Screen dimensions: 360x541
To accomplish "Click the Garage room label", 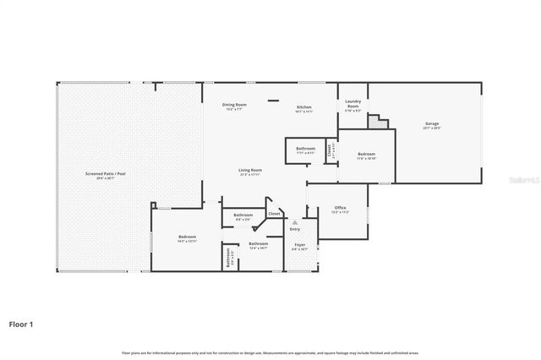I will coord(431,123).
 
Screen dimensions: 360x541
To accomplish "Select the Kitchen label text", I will coord(304,107).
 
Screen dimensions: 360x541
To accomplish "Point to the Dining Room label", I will coord(234,105).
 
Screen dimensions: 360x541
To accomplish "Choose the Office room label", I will coord(340,207).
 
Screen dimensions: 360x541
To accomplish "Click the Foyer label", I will coord(299,245).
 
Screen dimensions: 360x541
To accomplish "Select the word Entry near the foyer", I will coord(295,229).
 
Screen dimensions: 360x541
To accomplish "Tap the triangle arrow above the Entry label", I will coord(295,222).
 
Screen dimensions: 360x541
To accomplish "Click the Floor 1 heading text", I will coord(22,323).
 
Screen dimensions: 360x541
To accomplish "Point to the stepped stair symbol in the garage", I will coord(382,123).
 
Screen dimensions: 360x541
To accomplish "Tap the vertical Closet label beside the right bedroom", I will coord(329,152).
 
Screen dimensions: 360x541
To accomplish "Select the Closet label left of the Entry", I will coord(274,214).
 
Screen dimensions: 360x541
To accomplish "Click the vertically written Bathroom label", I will coord(227,258).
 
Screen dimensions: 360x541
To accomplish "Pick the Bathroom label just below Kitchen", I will coord(305,149).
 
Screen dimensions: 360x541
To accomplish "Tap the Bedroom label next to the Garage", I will coord(366,154).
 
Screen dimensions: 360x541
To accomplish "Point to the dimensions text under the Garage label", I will coord(431,128).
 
